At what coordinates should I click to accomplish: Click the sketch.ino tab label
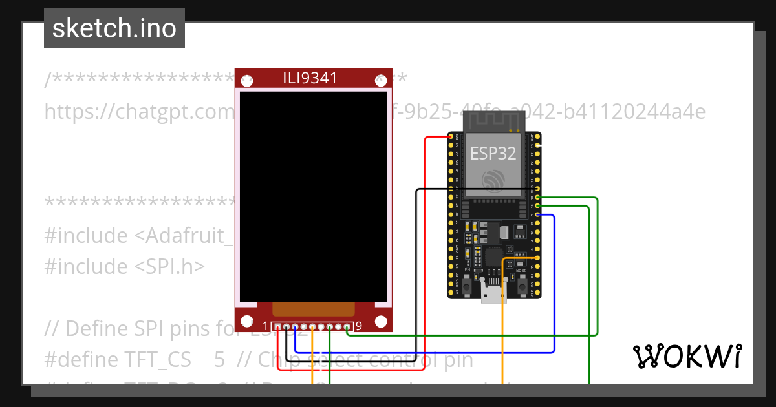[114, 28]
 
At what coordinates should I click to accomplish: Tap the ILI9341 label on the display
[310, 78]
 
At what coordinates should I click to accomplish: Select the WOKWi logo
[686, 356]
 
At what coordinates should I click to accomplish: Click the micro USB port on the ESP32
[494, 293]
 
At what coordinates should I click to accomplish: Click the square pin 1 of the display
[277, 326]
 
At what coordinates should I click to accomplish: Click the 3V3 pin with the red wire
[451, 136]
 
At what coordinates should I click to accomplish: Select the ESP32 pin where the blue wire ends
[538, 214]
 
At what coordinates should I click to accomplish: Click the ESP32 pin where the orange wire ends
[538, 257]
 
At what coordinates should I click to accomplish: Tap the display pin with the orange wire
[312, 326]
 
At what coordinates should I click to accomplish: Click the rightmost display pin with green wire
[347, 326]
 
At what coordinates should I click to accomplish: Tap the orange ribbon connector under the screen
[314, 309]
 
